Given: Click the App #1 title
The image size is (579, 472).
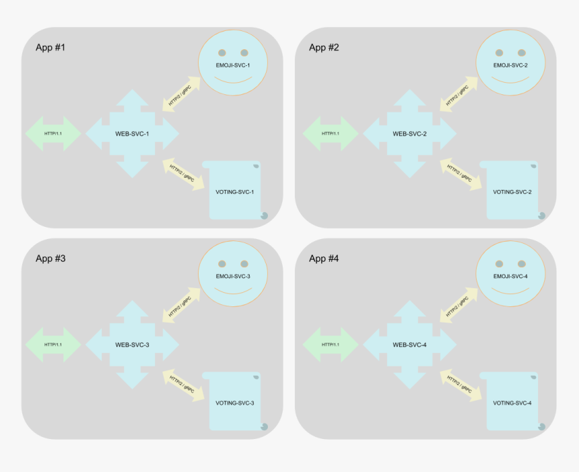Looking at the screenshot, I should point(50,48).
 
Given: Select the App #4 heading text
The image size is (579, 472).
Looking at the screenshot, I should point(324,259).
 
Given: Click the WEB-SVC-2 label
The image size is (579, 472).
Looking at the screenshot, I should point(409,134).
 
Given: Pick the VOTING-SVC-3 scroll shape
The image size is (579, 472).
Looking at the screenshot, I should point(234,402).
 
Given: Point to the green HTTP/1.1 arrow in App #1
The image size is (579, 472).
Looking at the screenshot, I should point(53,134).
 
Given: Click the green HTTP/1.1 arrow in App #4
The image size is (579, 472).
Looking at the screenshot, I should point(331,345).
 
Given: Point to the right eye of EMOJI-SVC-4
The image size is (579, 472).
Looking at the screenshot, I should point(522,263).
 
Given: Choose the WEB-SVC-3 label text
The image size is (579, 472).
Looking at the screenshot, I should point(132,345).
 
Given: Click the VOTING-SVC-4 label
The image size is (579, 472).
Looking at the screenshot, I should point(512,403).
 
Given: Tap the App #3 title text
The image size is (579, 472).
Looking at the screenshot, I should point(50,259).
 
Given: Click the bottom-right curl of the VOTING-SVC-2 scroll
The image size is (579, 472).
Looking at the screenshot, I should point(541,215).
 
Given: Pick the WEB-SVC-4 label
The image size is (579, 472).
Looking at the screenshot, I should point(409,345).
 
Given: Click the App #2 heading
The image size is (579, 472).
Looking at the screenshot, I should point(324,48).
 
